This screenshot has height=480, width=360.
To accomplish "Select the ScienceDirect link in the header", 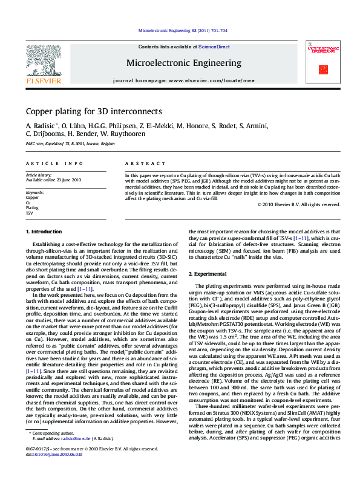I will coord(214,47).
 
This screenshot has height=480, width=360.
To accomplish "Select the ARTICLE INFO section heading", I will coord(54,164).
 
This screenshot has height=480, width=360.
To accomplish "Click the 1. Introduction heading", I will coord(44,232).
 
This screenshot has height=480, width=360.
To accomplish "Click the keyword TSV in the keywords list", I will coord(29,213).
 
